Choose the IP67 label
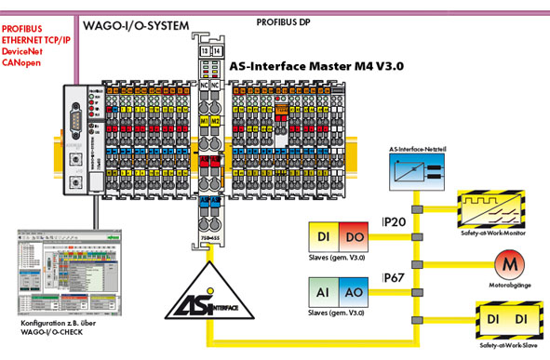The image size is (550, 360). (395, 278)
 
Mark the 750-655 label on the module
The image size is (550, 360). (209, 237)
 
